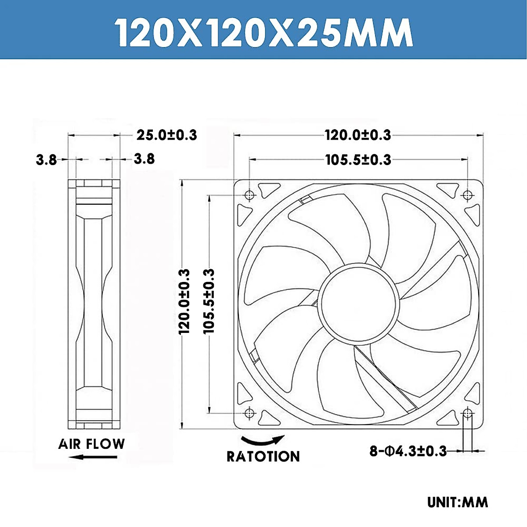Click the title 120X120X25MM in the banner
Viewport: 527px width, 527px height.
[263, 32]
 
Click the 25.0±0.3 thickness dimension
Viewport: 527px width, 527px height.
[166, 135]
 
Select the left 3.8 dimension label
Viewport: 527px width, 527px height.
[46, 160]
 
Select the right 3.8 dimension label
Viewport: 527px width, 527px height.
[144, 159]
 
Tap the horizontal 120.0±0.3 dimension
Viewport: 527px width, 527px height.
[357, 135]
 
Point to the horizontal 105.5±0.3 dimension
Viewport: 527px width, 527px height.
[358, 159]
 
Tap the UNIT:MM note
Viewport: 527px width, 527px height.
[458, 502]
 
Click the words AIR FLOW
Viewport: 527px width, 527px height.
[91, 444]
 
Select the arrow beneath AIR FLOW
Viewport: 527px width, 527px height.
[93, 457]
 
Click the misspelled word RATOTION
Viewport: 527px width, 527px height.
[263, 456]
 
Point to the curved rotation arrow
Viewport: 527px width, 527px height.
[263, 440]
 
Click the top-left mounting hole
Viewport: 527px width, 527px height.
[249, 195]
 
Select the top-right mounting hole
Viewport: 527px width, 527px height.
[468, 195]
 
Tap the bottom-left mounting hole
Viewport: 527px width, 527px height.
[249, 413]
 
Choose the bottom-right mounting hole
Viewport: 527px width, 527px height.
[468, 413]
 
